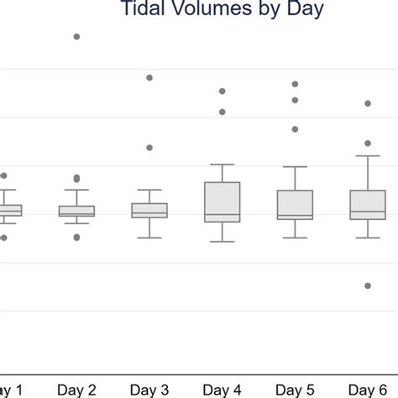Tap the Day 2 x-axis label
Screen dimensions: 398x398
tap(77, 390)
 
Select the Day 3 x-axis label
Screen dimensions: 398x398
tap(149, 390)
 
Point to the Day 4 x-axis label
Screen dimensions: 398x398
tap(222, 390)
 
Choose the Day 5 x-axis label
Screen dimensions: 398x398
tap(295, 390)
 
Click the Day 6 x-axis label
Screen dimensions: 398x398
tap(367, 390)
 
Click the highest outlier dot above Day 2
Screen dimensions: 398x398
tap(77, 37)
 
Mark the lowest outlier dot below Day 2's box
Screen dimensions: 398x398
tap(77, 237)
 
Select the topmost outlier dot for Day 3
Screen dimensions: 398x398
tap(149, 77)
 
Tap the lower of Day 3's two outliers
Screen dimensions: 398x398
tap(149, 147)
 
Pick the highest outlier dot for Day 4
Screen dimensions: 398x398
tap(223, 91)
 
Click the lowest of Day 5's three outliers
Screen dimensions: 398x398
tap(295, 129)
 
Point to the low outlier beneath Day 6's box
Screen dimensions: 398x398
tap(368, 285)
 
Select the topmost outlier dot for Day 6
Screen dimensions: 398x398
tap(368, 103)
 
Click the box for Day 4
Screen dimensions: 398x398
tap(223, 202)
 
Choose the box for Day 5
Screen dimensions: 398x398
tap(295, 204)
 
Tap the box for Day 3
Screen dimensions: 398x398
tap(149, 210)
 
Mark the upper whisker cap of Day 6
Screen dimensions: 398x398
tap(368, 156)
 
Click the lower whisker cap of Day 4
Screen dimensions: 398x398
tap(223, 242)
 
